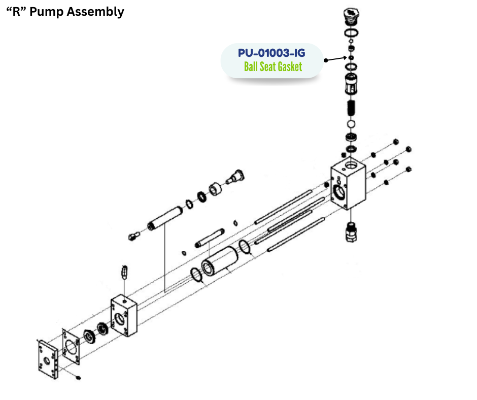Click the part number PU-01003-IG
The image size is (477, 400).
[x=271, y=52]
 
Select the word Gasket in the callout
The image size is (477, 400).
[x=287, y=66]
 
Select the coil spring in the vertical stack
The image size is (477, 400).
[x=350, y=108]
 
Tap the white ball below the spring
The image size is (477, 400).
[x=350, y=124]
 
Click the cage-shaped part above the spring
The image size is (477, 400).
[x=350, y=84]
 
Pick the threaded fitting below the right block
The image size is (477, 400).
[x=350, y=231]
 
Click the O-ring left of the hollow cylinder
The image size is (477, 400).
[x=197, y=276]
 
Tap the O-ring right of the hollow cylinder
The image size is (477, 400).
[x=244, y=247]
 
